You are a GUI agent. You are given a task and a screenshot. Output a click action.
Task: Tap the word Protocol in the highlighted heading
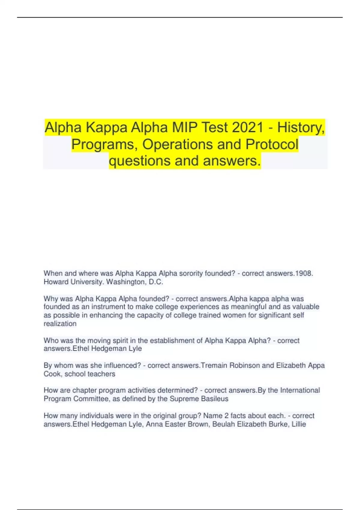click(272, 144)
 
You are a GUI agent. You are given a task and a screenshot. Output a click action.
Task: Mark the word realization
click(60, 324)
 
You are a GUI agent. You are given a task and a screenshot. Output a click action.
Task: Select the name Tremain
click(214, 365)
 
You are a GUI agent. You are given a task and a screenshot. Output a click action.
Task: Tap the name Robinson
click(244, 365)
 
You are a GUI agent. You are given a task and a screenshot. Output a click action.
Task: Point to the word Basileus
click(214, 399)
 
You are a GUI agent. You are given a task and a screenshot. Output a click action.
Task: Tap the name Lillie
click(299, 424)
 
